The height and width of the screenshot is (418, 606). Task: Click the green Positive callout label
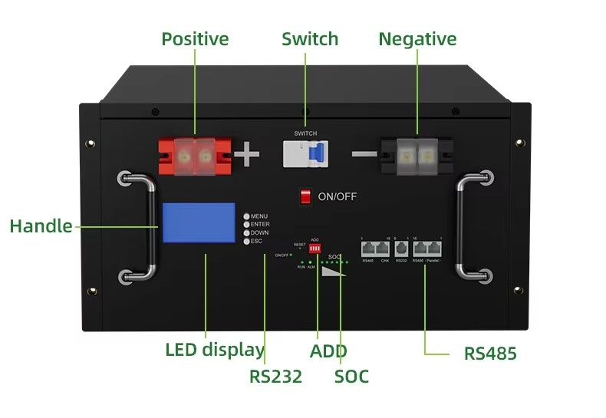[x=195, y=39]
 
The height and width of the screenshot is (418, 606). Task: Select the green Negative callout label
[x=417, y=39]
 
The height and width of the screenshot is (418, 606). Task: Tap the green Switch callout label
[x=309, y=39]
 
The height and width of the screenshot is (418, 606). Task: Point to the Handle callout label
[x=41, y=226]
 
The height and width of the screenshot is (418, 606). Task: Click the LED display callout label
[x=214, y=350]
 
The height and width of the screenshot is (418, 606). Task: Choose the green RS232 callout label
[x=275, y=377]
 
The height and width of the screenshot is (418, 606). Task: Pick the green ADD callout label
[x=328, y=351]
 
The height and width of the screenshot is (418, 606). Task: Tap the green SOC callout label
[x=351, y=377]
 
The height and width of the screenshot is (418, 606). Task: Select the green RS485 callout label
[x=490, y=354]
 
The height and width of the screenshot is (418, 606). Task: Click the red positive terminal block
[x=195, y=156]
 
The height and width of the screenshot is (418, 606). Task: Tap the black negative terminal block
[x=416, y=156]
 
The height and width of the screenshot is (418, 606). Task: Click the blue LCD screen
[x=198, y=223]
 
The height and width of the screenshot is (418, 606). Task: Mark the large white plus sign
[x=247, y=156]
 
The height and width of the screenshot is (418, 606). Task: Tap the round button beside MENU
[x=246, y=216]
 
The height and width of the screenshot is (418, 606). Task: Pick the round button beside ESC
[x=246, y=241]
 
